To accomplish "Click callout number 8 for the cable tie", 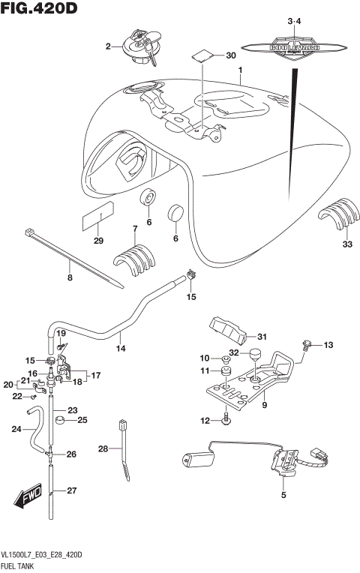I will coord(70,278).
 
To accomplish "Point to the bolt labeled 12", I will coord(226,421).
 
